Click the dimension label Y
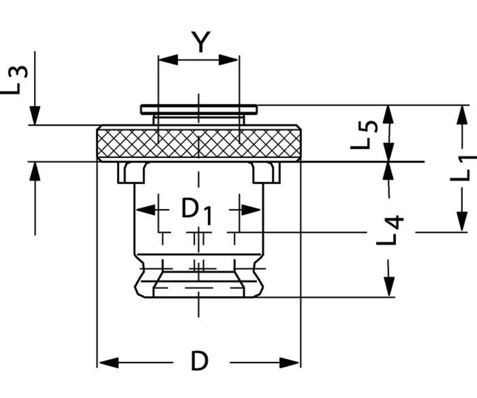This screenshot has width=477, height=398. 200,43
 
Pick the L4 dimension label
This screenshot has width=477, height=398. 390,231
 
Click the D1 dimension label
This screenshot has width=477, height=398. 197,211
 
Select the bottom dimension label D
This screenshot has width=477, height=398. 200,361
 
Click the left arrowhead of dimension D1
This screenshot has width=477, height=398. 145,209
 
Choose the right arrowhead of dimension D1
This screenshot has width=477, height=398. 251,209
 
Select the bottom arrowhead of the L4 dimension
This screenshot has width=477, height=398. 389,287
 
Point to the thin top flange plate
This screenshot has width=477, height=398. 199,109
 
